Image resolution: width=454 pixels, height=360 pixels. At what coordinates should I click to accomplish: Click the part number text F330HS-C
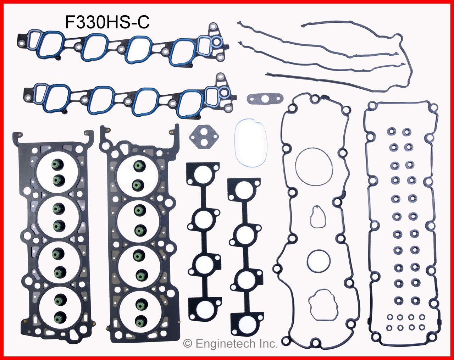click(107, 22)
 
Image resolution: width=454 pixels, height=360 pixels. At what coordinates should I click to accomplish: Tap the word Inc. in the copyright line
click(268, 344)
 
